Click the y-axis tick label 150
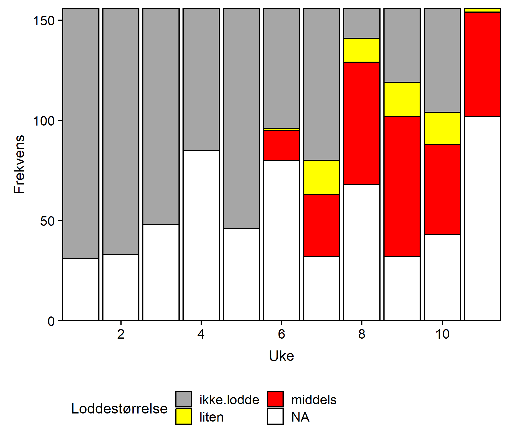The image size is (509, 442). coord(44,21)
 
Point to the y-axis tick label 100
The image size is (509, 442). coord(44,121)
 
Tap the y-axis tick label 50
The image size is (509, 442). coord(47,221)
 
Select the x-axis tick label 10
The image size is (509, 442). coord(442,334)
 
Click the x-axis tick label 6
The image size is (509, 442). coord(281,334)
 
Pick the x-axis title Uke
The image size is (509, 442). coord(281,356)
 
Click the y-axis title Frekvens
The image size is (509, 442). coord(20,164)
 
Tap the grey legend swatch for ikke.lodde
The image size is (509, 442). coord(184,399)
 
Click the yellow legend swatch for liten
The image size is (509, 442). coord(184,416)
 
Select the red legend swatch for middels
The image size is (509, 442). coord(275,399)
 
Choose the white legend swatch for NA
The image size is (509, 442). coord(275,416)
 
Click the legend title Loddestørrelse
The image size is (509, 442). coord(119,409)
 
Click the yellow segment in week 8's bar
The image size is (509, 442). coord(362,50)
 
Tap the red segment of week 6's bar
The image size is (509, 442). coord(281,145)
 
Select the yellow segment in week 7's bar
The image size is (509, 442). coord(322,177)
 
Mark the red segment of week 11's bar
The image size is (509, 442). coord(482,64)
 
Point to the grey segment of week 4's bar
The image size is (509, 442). coord(201,79)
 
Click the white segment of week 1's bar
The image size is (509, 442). coord(81,289)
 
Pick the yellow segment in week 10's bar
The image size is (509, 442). coord(442,128)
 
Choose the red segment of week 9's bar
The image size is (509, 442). coord(402,186)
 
